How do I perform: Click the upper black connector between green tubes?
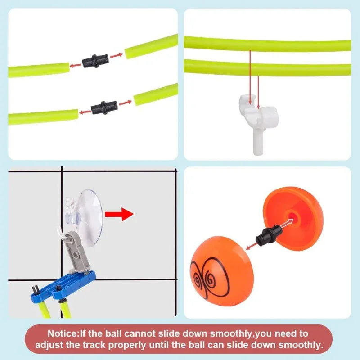95,61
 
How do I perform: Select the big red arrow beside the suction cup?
119,214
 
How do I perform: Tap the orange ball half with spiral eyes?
221,270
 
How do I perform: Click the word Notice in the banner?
63,333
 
